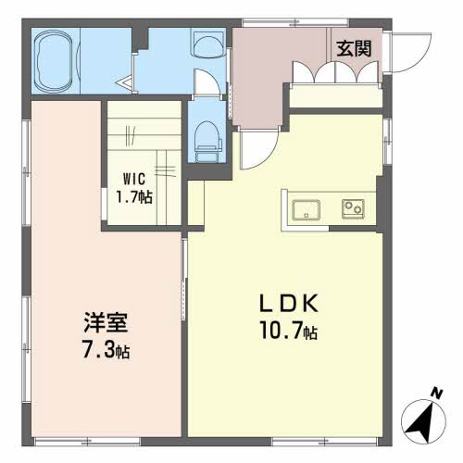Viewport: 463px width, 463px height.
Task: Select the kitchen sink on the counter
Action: tap(306, 210)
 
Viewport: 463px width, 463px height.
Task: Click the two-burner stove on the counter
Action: tap(353, 209)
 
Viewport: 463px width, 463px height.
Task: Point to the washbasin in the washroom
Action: tap(208, 44)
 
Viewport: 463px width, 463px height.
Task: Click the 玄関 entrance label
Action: tap(354, 49)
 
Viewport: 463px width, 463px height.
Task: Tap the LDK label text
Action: tap(289, 304)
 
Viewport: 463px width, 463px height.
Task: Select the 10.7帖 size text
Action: tap(289, 330)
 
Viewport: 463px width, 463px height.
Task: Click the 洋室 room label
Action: tap(106, 322)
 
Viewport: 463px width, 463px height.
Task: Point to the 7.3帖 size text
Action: tap(106, 349)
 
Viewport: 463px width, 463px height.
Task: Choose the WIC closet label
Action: tap(134, 179)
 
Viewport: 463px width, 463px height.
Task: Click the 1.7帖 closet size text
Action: tap(134, 196)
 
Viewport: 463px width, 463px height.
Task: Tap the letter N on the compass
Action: tap(436, 394)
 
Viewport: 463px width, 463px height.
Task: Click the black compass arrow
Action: tap(422, 422)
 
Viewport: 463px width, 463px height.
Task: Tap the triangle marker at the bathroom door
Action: tap(125, 82)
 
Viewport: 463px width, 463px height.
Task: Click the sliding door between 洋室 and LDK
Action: tap(184, 280)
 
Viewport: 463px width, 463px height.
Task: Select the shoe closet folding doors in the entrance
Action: tap(335, 72)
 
